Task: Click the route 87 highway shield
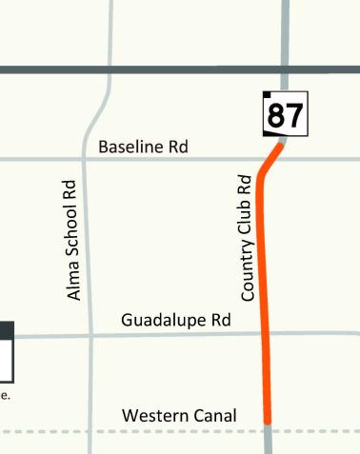pos(285,115)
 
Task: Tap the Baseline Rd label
pos(143,147)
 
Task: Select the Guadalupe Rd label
pos(176,321)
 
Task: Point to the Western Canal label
pos(179,416)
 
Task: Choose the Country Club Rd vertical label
pos(247,238)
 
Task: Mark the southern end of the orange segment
pos(268,420)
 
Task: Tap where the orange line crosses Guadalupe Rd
pos(265,334)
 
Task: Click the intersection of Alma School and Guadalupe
pos(90,336)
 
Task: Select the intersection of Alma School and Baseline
pos(84,159)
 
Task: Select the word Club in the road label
pos(247,223)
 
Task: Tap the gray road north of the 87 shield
pos(285,38)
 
